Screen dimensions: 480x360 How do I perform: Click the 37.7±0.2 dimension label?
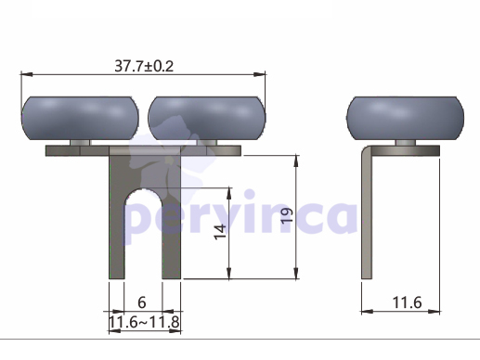click(144, 66)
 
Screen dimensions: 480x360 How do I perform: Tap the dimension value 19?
click(287, 215)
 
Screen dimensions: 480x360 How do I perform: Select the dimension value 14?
click(220, 232)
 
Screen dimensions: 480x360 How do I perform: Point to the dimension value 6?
click(142, 302)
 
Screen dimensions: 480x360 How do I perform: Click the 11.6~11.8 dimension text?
click(144, 322)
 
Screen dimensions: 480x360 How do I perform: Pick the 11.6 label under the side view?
click(407, 302)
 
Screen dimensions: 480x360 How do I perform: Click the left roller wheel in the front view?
click(80, 118)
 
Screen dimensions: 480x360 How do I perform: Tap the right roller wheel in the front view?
click(207, 118)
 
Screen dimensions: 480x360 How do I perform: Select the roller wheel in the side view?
click(405, 118)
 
